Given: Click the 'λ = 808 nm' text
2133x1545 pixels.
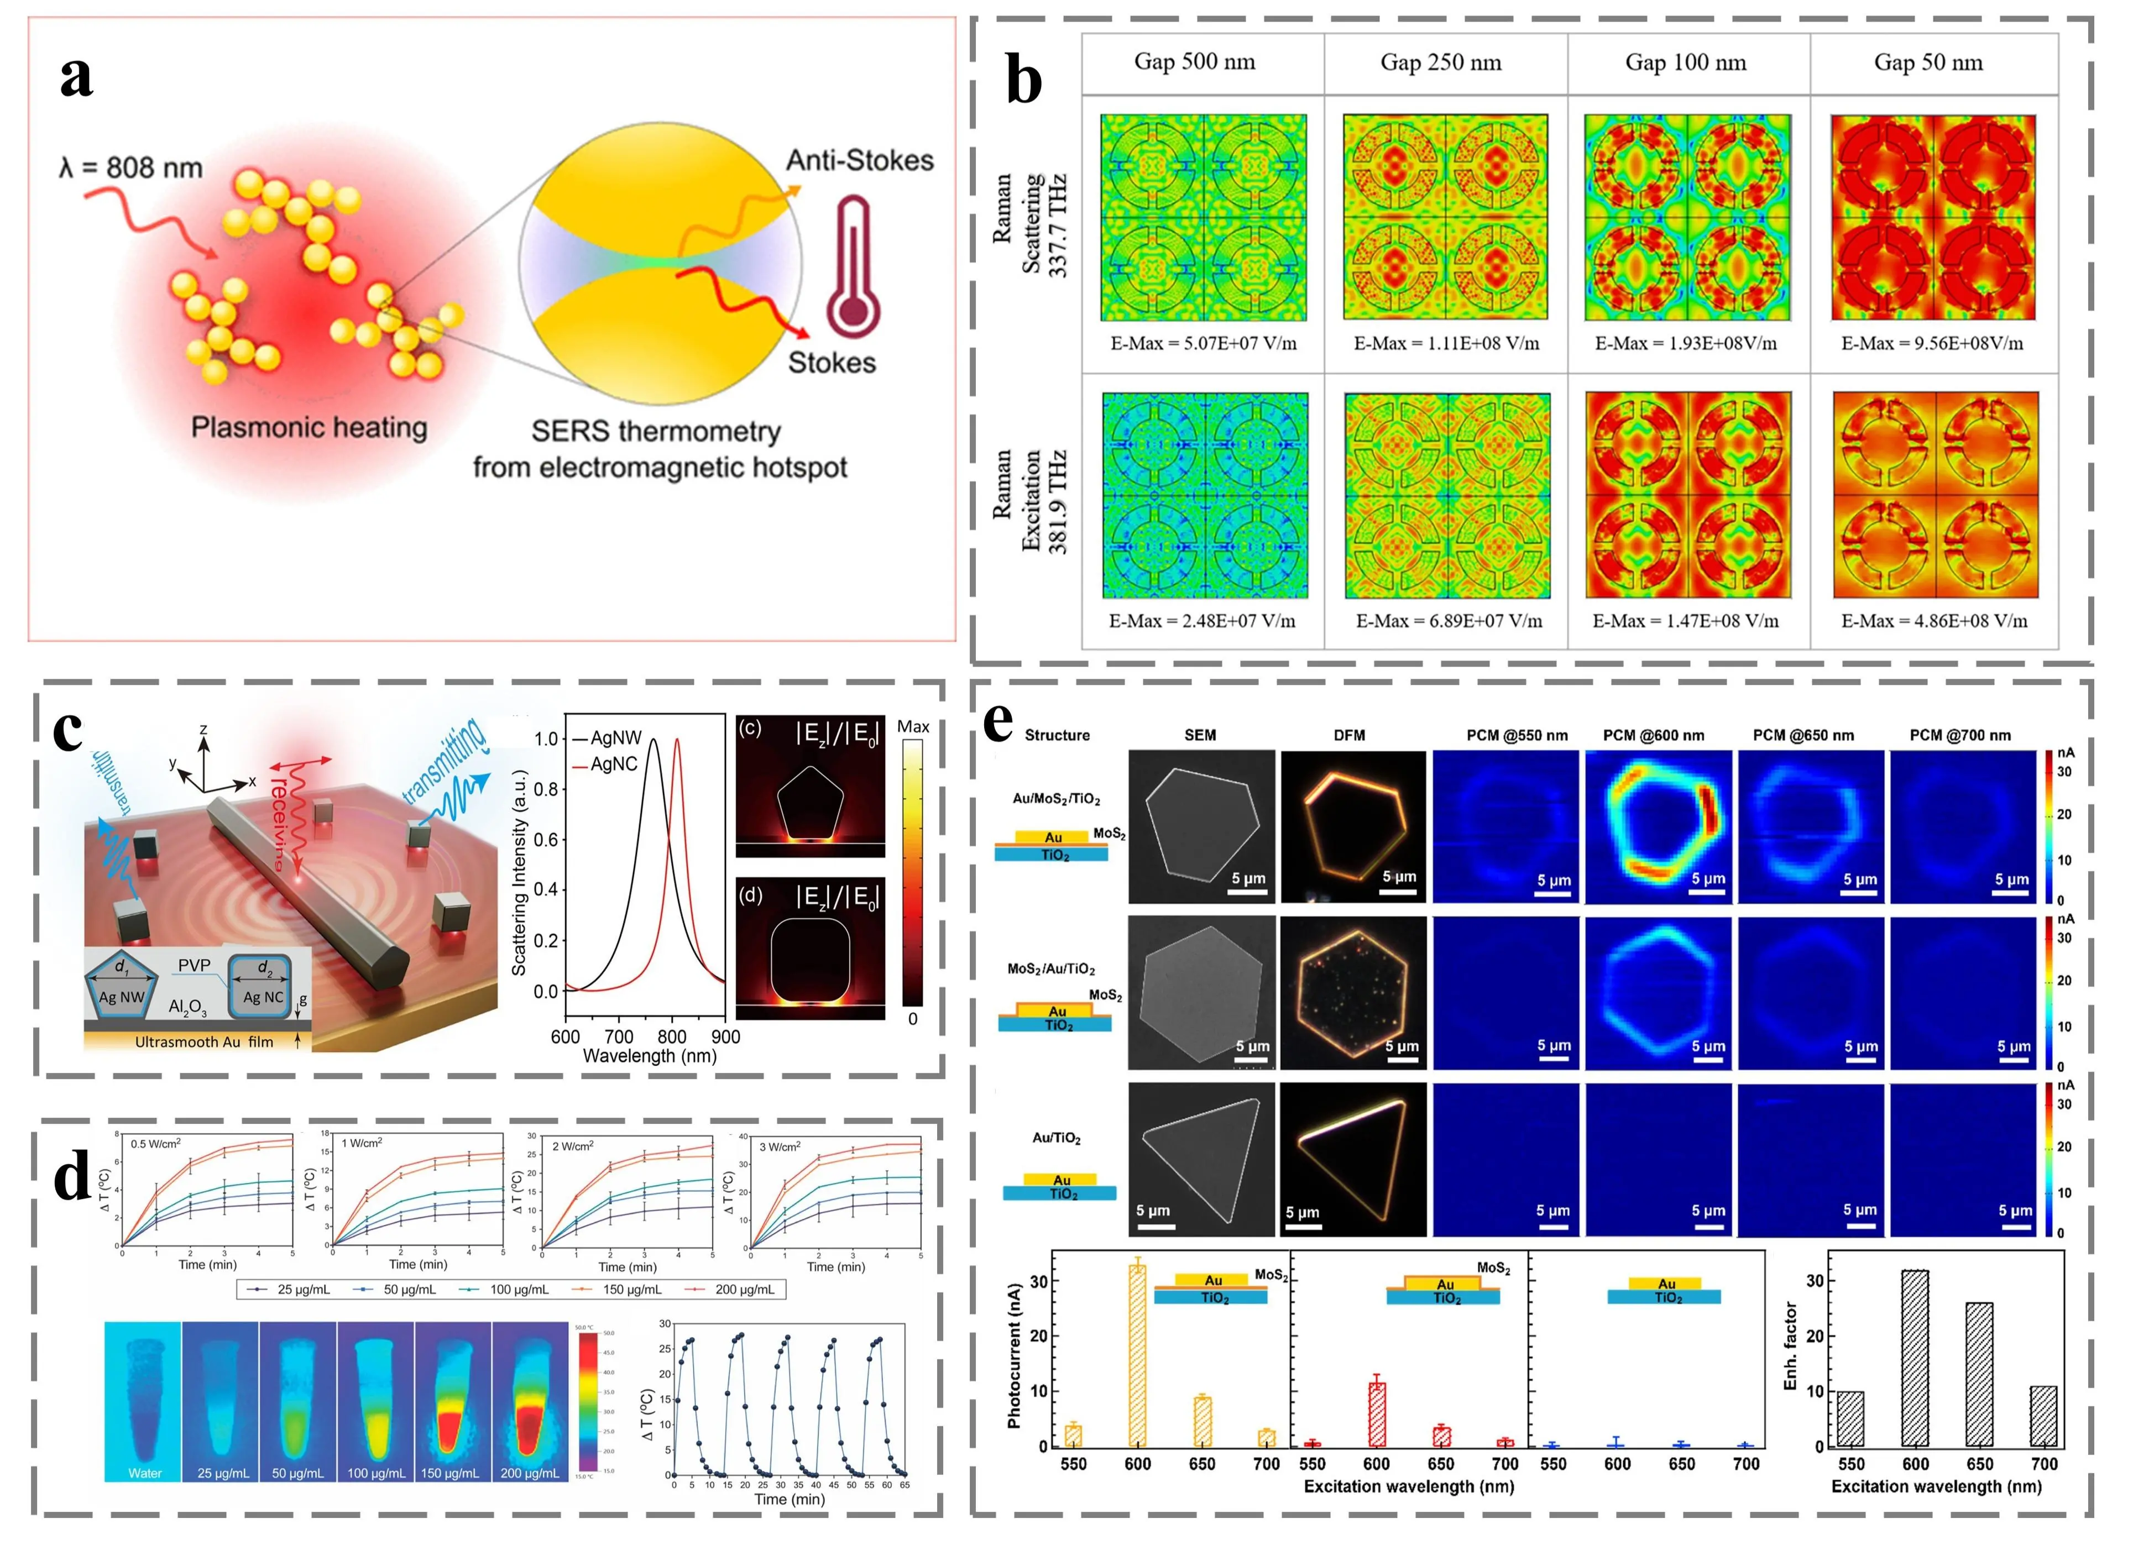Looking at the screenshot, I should (130, 169).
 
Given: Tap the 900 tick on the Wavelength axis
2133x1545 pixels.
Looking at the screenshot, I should (725, 1037).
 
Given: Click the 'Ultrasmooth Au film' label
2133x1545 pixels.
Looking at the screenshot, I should (204, 1042).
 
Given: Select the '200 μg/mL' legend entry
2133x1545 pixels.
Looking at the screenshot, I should (744, 1289).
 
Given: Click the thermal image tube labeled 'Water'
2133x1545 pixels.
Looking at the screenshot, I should (143, 1401).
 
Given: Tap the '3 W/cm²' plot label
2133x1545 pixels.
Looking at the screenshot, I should (780, 1146).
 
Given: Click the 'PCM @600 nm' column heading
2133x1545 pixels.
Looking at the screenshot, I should (1653, 735).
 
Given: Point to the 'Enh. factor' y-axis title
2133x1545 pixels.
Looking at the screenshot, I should (1790, 1345).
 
